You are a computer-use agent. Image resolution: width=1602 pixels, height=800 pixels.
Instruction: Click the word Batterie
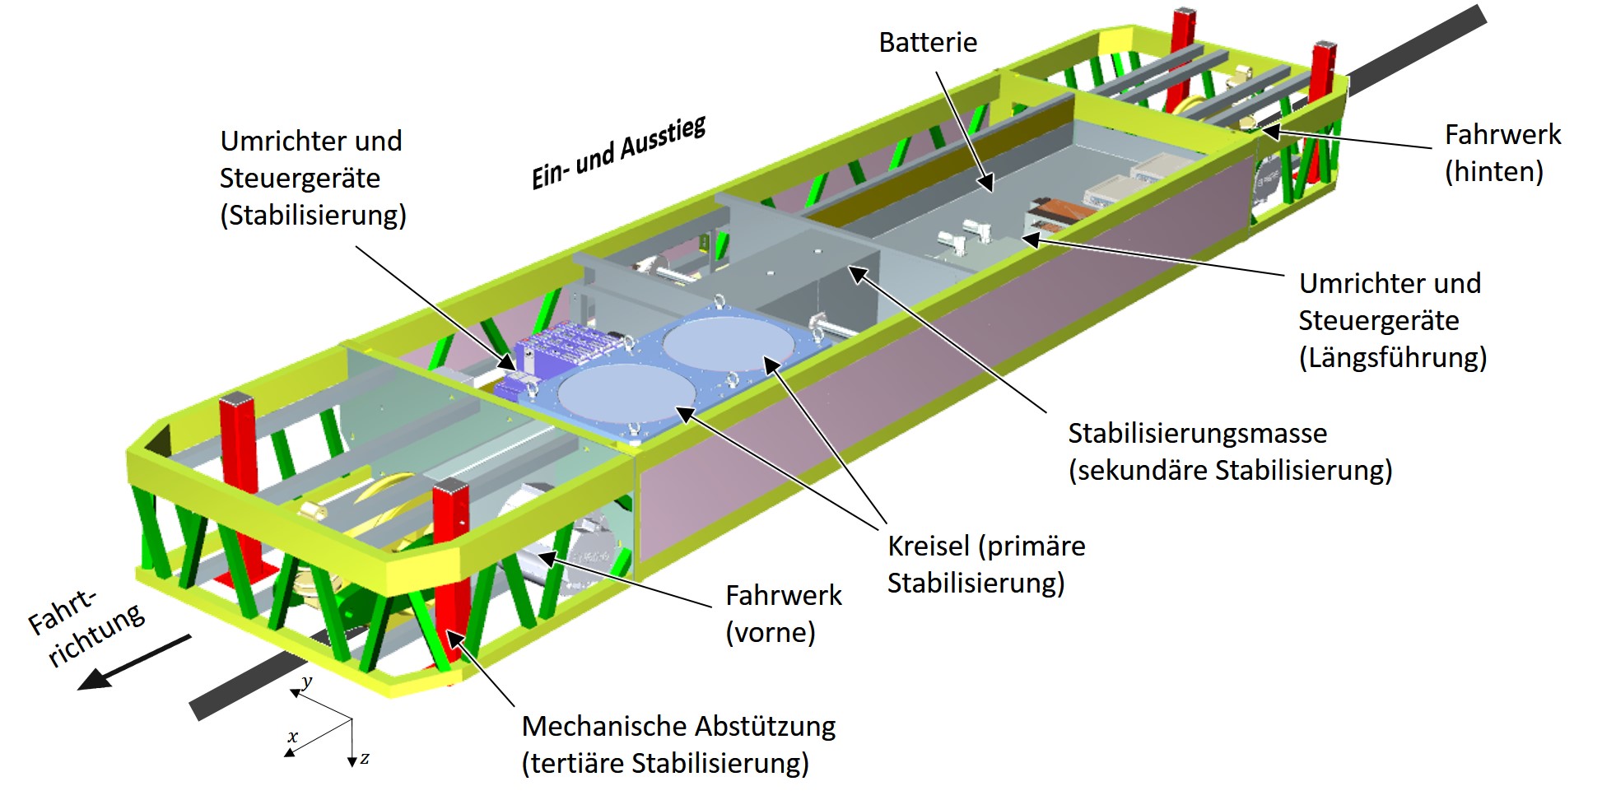[x=928, y=43]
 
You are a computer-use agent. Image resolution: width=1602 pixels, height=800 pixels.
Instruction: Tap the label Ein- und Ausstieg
[x=618, y=154]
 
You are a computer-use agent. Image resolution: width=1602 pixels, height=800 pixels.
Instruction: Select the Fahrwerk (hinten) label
[x=1502, y=153]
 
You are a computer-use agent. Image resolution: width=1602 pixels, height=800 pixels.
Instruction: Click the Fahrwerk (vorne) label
[x=783, y=613]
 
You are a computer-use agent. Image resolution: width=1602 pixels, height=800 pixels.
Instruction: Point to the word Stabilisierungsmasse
[x=1197, y=434]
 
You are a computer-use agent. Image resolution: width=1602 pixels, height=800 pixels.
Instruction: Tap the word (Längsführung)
[x=1393, y=358]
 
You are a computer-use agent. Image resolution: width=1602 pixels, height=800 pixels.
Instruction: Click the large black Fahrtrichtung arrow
[x=132, y=663]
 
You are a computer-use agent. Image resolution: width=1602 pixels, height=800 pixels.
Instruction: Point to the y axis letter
[x=307, y=681]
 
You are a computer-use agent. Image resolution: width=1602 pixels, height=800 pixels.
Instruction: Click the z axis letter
[x=365, y=758]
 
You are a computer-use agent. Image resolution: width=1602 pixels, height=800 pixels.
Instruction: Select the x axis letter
[x=292, y=737]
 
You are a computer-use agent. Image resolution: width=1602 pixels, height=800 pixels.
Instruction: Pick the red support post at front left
[x=240, y=461]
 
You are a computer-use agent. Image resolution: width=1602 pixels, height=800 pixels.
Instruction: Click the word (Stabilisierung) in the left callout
[x=313, y=216]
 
